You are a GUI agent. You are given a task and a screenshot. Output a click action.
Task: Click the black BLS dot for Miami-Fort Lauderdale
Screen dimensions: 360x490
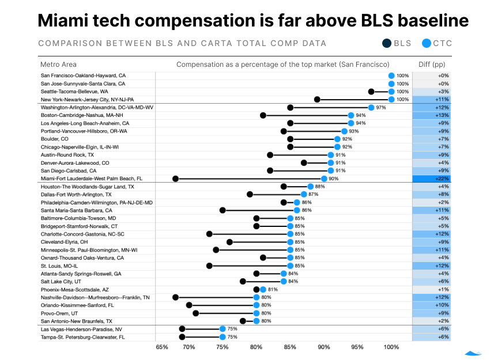[176, 179]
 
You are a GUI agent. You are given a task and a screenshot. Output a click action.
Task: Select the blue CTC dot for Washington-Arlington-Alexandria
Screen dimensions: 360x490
[371, 107]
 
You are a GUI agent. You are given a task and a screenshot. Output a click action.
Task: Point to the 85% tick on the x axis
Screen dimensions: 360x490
[290, 347]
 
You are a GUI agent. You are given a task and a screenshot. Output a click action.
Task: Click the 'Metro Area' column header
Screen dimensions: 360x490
[58, 65]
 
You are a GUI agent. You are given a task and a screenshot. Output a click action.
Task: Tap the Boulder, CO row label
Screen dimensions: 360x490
[55, 139]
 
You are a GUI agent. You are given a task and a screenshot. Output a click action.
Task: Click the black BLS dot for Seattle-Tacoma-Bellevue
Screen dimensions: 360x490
[371, 92]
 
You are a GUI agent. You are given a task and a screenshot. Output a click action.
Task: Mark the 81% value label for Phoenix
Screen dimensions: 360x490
[273, 290]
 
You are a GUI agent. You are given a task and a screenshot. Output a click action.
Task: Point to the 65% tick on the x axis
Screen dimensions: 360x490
[162, 347]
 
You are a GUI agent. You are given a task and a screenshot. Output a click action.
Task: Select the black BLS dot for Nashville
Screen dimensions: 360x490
[176, 297]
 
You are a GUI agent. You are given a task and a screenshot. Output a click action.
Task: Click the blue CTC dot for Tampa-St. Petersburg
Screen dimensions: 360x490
[223, 337]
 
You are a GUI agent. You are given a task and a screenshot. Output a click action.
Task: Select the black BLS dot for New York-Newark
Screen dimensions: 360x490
[317, 100]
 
